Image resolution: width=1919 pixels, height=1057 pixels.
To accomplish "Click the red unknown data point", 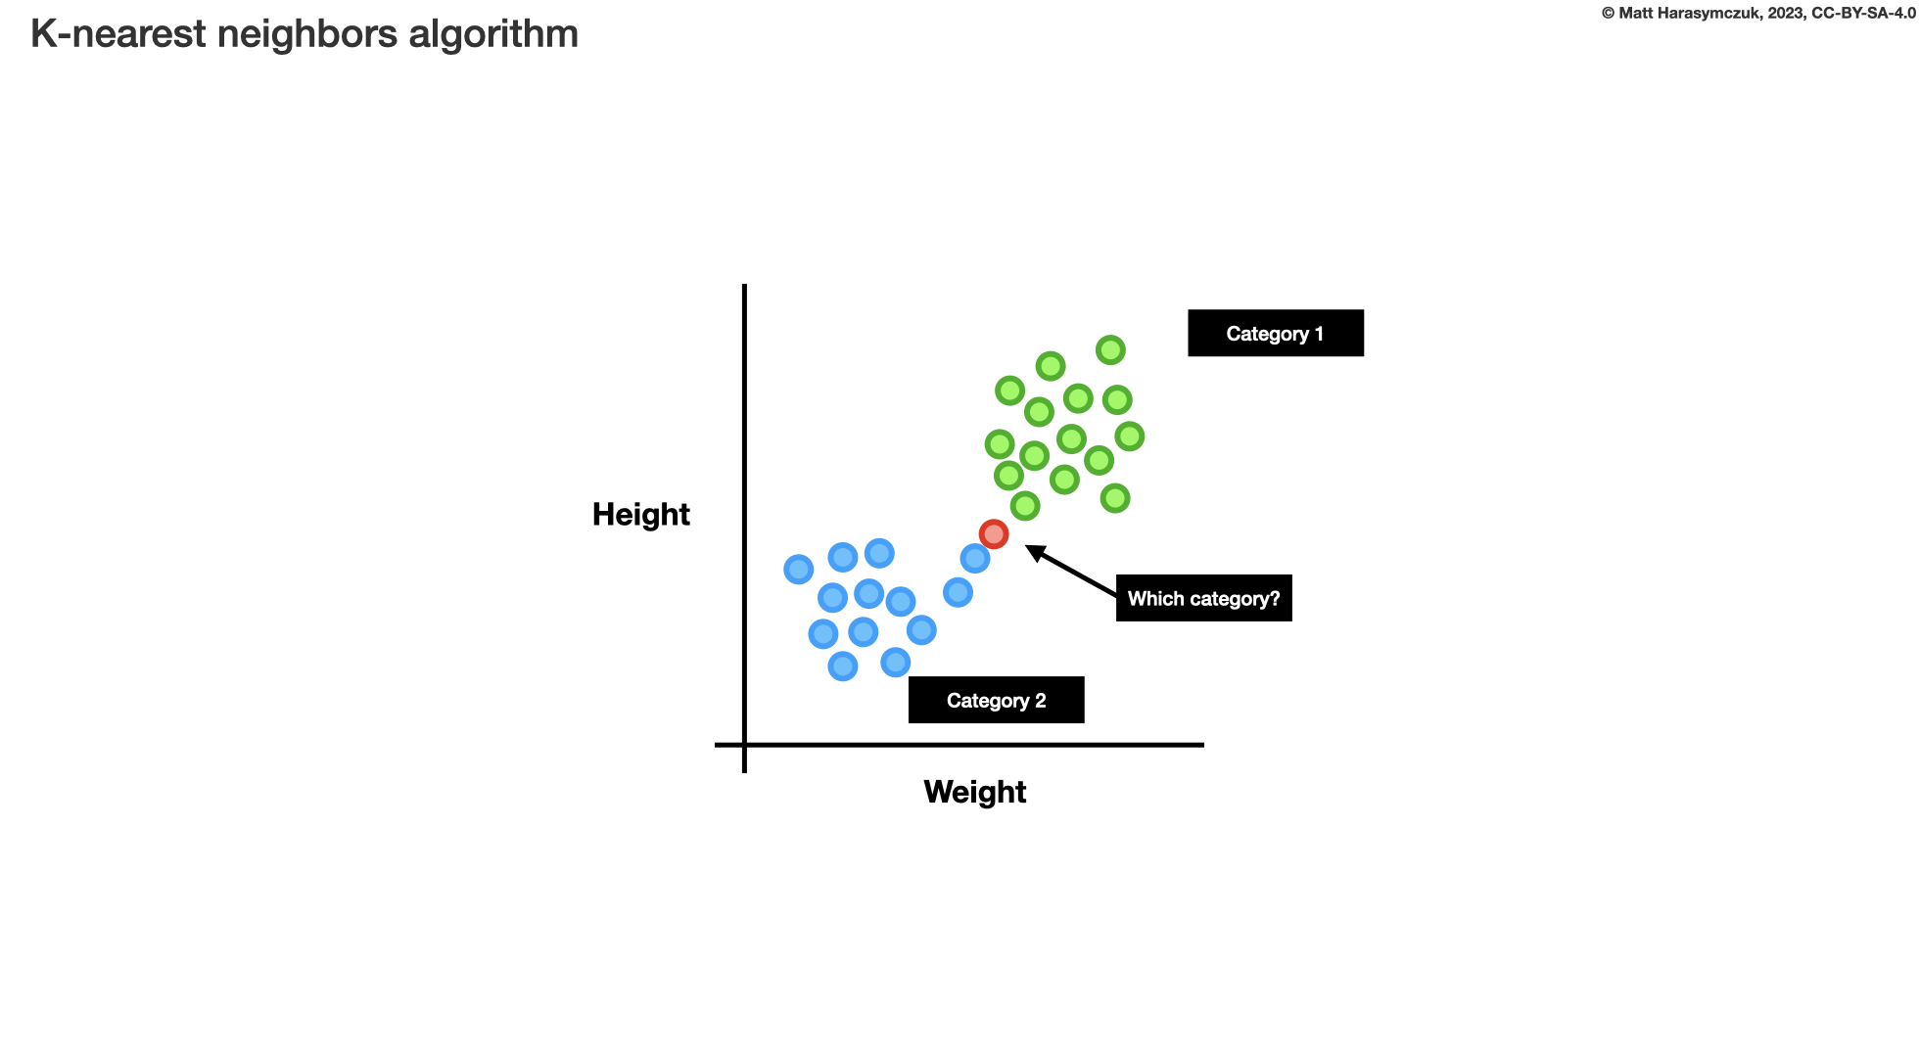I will coord(994,534).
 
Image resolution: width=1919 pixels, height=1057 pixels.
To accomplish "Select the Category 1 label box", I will coord(1275,334).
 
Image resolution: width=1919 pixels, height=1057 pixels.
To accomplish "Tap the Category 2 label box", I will coord(996,701).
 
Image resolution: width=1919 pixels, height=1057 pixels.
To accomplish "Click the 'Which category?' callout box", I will coord(1203,599).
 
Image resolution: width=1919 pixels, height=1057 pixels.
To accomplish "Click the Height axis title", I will coord(641,515).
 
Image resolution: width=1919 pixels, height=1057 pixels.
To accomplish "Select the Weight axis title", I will coord(974,792).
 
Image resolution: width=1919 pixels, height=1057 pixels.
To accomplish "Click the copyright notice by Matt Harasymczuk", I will coord(1758,14).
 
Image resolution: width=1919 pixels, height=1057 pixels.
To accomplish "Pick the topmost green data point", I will coord(1110,349).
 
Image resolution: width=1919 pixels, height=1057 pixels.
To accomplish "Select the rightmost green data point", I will coord(1130,437).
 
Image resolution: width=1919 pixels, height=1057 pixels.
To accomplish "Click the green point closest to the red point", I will coord(1025,506).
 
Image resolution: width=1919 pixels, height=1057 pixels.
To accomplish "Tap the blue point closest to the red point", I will coord(975,559).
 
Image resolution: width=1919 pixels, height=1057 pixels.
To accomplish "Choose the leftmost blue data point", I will coord(799,569).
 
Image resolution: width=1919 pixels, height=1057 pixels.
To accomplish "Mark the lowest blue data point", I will coord(843,666).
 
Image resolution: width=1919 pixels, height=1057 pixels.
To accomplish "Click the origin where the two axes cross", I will coord(745,745).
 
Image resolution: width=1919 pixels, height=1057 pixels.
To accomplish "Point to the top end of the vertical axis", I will coord(745,287).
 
